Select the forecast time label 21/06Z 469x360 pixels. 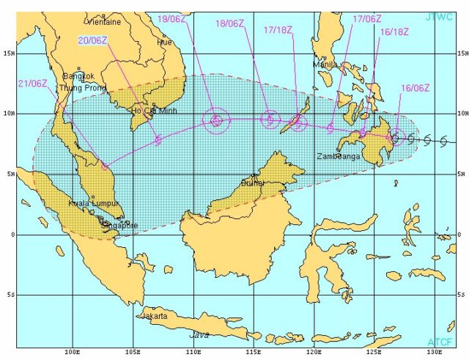[x=33, y=83]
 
